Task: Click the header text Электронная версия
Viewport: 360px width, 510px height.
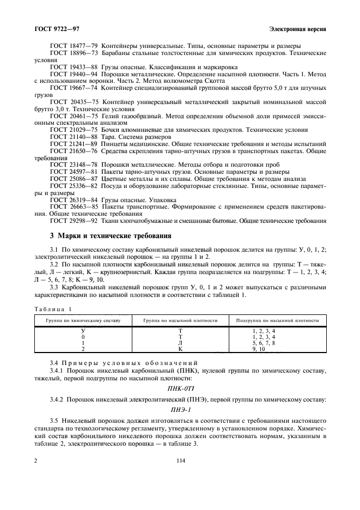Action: coord(298,28)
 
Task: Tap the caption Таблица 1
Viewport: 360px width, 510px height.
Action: coord(57,309)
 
